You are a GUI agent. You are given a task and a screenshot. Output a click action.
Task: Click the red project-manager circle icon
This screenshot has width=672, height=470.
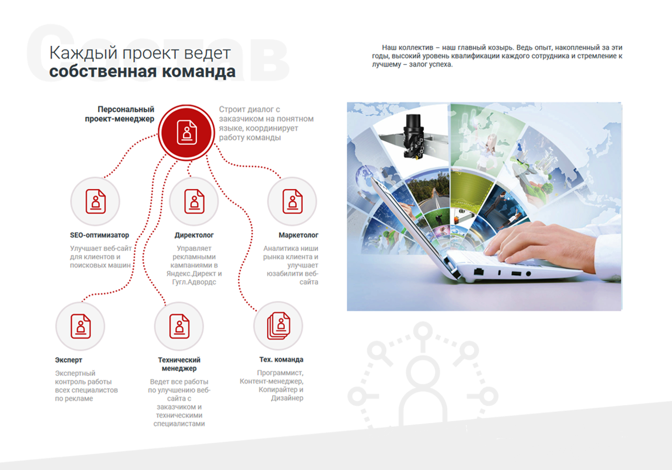187,133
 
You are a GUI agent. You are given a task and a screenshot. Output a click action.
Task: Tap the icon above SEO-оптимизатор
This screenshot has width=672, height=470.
96,201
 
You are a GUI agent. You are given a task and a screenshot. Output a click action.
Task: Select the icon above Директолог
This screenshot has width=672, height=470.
194,201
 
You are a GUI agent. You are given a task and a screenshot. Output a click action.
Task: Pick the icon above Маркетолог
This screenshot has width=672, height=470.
292,201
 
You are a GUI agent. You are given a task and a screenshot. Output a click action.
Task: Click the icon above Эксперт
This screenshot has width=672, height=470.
80,326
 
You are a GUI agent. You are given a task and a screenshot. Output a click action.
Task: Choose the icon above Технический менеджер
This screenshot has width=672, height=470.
179,326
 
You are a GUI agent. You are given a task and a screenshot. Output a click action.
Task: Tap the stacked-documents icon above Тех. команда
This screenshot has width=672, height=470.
279,326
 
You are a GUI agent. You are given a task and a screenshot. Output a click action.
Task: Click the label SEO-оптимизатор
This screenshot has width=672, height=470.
100,235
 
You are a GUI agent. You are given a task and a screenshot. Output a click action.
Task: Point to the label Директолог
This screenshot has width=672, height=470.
194,235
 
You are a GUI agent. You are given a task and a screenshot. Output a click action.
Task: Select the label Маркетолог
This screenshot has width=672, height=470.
298,235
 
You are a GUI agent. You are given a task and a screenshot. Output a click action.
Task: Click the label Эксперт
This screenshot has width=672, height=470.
68,360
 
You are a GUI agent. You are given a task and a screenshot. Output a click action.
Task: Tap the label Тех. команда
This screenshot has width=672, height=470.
281,359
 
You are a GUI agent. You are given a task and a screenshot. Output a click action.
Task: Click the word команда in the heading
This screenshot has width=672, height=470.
199,72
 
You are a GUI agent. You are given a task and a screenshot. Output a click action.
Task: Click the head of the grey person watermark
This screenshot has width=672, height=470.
423,372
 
